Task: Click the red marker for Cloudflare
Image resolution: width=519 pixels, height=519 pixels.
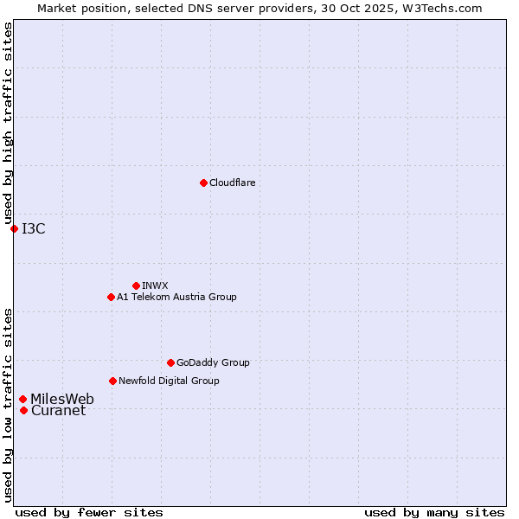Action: (203, 183)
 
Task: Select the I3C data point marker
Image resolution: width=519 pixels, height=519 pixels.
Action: (14, 228)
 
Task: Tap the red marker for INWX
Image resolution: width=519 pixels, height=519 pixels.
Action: (136, 285)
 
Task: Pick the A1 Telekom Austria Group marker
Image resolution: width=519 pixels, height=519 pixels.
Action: (111, 297)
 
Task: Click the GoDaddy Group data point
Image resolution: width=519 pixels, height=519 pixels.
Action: (170, 362)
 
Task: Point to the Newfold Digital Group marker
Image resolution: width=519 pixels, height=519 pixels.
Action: (112, 381)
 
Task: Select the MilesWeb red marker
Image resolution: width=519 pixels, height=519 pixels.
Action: (23, 399)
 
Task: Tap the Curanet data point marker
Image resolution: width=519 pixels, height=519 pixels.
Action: (23, 410)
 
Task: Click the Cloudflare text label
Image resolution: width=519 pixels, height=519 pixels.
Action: (232, 183)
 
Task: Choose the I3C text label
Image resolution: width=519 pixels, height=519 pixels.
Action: (34, 228)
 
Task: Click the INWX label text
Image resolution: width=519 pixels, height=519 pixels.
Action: (155, 285)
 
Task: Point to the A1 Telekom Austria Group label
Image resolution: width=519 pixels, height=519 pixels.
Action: (176, 297)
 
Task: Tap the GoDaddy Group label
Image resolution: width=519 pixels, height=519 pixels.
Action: (213, 362)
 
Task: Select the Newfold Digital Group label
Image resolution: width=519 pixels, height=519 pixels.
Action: (169, 381)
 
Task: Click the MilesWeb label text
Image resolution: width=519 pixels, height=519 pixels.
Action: (62, 399)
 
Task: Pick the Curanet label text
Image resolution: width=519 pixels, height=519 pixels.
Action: (58, 410)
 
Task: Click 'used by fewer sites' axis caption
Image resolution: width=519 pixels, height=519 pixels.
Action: (89, 512)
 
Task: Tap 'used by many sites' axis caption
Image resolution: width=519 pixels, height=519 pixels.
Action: (434, 512)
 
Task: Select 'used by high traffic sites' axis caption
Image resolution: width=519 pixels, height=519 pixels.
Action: (8, 124)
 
